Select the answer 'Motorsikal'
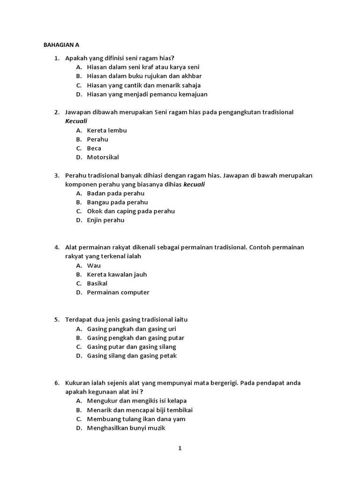coord(103,157)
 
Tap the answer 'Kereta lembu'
coord(106,130)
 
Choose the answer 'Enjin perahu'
coord(105,220)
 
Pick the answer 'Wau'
coord(94,265)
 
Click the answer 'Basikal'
coord(97,283)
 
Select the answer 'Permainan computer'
coord(118,292)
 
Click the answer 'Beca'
coord(94,148)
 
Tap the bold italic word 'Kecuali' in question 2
coord(76,121)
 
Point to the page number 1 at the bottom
coord(180,448)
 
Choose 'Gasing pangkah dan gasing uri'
coord(131,329)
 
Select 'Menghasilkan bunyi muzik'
coord(126,427)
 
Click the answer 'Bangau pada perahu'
coord(117,202)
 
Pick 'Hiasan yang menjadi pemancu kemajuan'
coord(147,94)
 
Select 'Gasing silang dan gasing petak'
coord(132,356)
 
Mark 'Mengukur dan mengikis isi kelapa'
coord(136,401)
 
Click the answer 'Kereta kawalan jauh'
coord(117,274)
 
